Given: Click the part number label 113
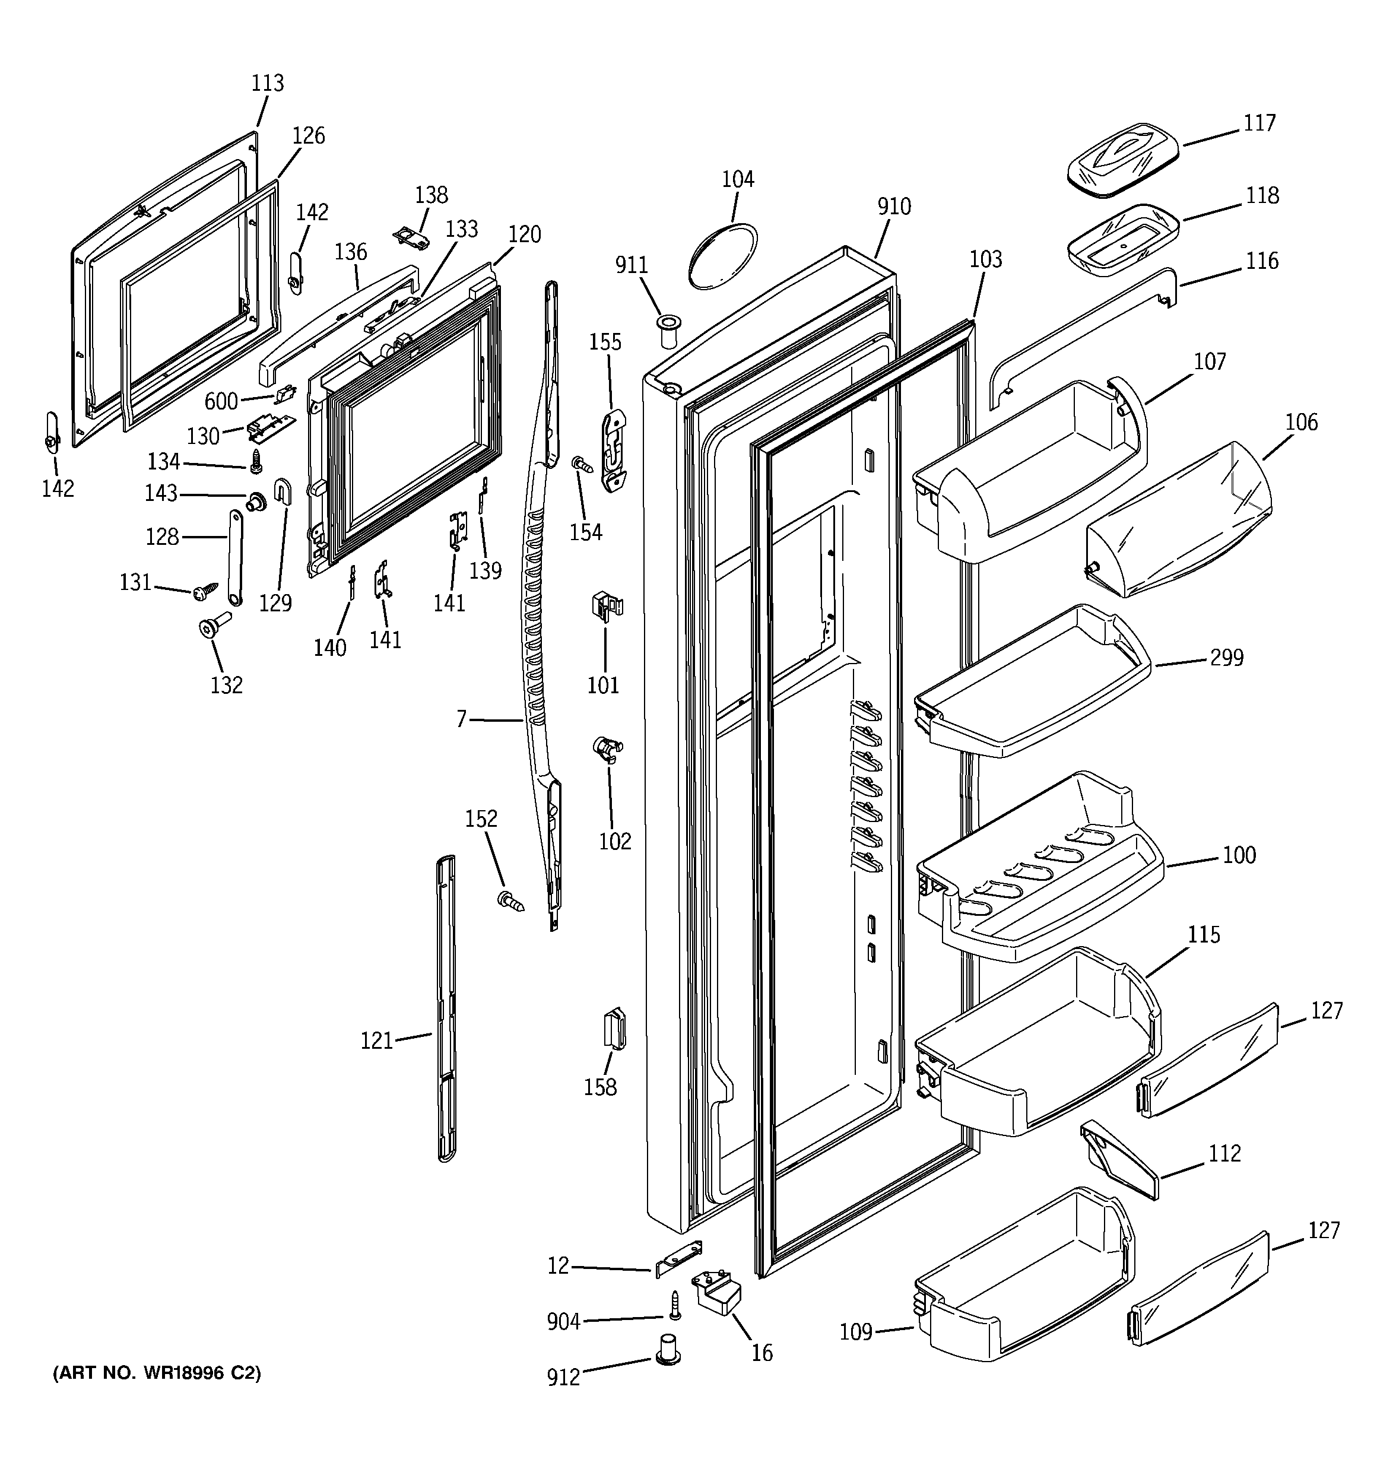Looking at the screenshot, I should tap(268, 83).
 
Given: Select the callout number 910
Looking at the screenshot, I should tap(894, 207).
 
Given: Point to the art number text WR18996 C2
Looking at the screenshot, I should tap(157, 1373).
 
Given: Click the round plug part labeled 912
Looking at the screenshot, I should tap(668, 1349).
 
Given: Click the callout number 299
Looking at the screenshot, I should tap(1227, 657).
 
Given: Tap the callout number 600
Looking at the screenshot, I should tap(221, 401).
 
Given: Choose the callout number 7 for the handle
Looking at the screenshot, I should tap(461, 718).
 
